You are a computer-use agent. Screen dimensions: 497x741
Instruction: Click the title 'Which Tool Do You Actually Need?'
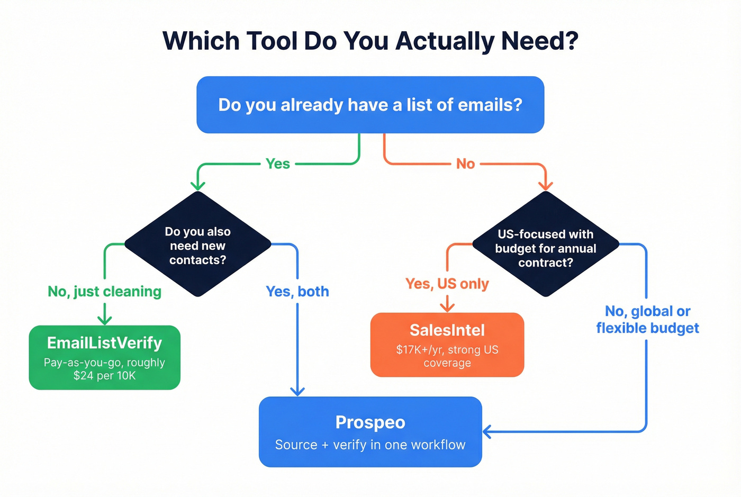[x=370, y=41]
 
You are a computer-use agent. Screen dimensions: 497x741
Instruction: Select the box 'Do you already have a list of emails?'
[x=370, y=105]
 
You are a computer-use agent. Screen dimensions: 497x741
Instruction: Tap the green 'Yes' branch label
[x=278, y=164]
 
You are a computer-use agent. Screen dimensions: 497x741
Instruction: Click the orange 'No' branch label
[x=466, y=164]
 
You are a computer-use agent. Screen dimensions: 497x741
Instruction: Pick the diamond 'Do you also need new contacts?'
[x=197, y=245]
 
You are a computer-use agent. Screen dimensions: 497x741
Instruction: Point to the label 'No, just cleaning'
[x=104, y=292]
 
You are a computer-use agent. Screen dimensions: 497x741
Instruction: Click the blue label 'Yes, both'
[x=297, y=292]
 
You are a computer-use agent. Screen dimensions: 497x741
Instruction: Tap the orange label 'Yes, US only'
[x=447, y=284]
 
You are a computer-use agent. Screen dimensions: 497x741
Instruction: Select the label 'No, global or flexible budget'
[x=647, y=320]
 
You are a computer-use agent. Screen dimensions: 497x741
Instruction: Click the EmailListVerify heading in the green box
[x=104, y=343]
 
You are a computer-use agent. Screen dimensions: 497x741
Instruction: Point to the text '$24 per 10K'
[x=104, y=376]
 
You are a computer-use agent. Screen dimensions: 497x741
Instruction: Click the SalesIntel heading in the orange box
[x=447, y=330]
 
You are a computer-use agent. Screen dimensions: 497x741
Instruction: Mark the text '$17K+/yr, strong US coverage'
[x=447, y=356]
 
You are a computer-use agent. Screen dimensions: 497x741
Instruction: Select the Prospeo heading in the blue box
[x=370, y=422]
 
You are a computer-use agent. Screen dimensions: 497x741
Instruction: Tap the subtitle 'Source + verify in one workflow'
[x=370, y=445]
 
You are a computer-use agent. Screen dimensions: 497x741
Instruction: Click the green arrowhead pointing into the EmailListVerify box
[x=105, y=320]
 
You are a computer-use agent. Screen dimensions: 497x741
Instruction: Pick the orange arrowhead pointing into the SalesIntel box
[x=447, y=307]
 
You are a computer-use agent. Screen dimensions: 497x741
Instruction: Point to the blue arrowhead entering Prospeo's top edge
[x=297, y=391]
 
